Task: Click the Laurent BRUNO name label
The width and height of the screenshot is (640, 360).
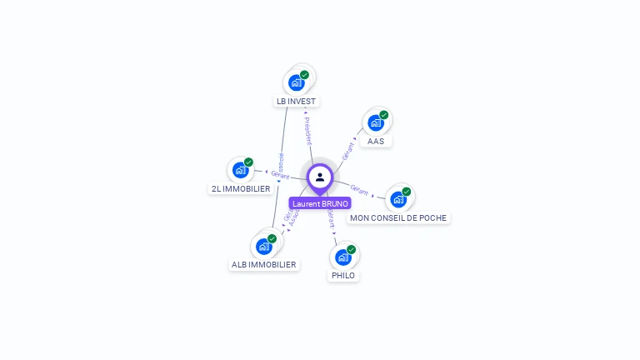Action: click(320, 203)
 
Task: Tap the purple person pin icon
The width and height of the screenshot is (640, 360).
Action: click(320, 177)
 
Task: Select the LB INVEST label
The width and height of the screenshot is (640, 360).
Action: click(297, 101)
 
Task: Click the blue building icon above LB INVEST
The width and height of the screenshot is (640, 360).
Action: click(296, 82)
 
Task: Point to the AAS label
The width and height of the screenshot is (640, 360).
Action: click(376, 141)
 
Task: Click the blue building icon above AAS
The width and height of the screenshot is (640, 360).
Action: click(376, 123)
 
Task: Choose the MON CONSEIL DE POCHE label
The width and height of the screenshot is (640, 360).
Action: click(398, 217)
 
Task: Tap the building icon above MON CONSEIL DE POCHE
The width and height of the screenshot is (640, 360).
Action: click(398, 200)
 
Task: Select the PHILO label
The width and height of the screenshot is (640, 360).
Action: click(342, 275)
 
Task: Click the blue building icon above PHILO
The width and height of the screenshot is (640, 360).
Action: click(342, 257)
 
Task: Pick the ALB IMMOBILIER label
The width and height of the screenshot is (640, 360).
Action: click(264, 264)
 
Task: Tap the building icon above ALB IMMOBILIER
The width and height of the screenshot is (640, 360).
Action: click(263, 247)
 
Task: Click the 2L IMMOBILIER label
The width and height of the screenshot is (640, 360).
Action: click(241, 188)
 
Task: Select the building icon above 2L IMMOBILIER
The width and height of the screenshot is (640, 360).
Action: click(240, 171)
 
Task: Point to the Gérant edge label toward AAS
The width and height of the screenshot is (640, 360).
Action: click(348, 150)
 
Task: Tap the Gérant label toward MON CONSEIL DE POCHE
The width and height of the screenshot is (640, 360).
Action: click(360, 190)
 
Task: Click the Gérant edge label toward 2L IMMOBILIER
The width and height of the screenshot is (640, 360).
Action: click(280, 174)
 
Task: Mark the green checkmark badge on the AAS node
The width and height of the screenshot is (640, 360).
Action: click(384, 115)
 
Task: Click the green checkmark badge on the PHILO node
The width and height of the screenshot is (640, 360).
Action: click(352, 249)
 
